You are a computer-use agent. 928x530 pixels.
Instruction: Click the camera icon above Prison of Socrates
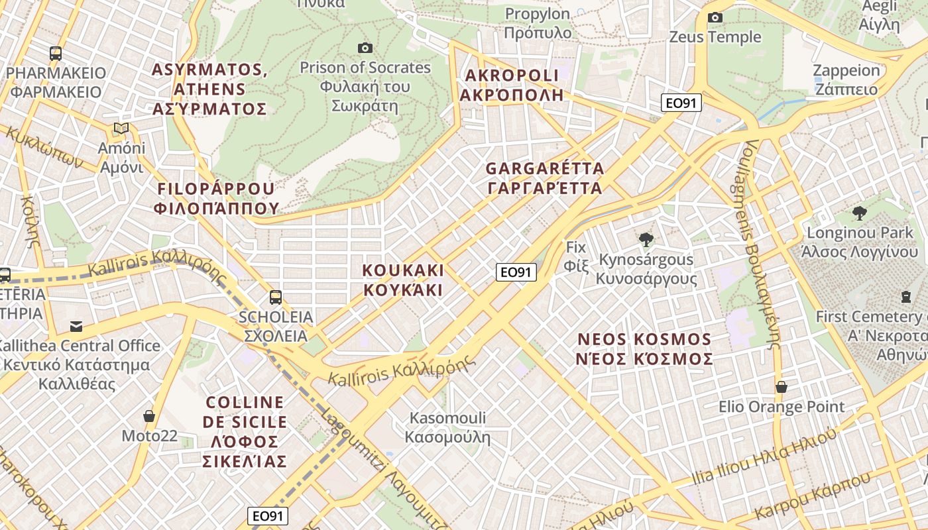click(x=365, y=48)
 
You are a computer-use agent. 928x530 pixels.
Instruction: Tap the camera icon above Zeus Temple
click(x=715, y=17)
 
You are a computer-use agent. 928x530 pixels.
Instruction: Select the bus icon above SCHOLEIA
click(x=275, y=297)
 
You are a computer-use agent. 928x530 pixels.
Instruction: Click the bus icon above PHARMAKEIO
click(x=56, y=54)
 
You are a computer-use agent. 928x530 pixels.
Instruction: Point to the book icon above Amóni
click(x=121, y=128)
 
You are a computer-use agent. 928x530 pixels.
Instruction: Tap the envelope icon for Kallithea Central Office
click(x=76, y=326)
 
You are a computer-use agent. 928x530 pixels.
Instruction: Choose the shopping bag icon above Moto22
click(x=149, y=416)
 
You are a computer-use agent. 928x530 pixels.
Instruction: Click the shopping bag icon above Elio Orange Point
click(x=782, y=387)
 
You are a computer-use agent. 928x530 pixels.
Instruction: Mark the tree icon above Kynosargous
click(x=646, y=240)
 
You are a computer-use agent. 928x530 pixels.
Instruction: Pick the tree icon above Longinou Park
click(x=860, y=213)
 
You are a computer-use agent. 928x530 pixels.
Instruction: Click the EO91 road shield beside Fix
click(x=516, y=272)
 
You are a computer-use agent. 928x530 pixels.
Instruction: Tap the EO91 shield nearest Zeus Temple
click(x=681, y=103)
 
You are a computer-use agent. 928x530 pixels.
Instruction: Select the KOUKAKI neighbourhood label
click(x=403, y=280)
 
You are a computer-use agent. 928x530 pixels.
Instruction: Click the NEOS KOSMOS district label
click(x=645, y=349)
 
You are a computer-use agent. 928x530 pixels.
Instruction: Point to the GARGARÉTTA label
click(x=545, y=178)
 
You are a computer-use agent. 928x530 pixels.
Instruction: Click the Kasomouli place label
click(x=447, y=427)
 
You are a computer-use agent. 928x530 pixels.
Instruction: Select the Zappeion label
click(x=846, y=79)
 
